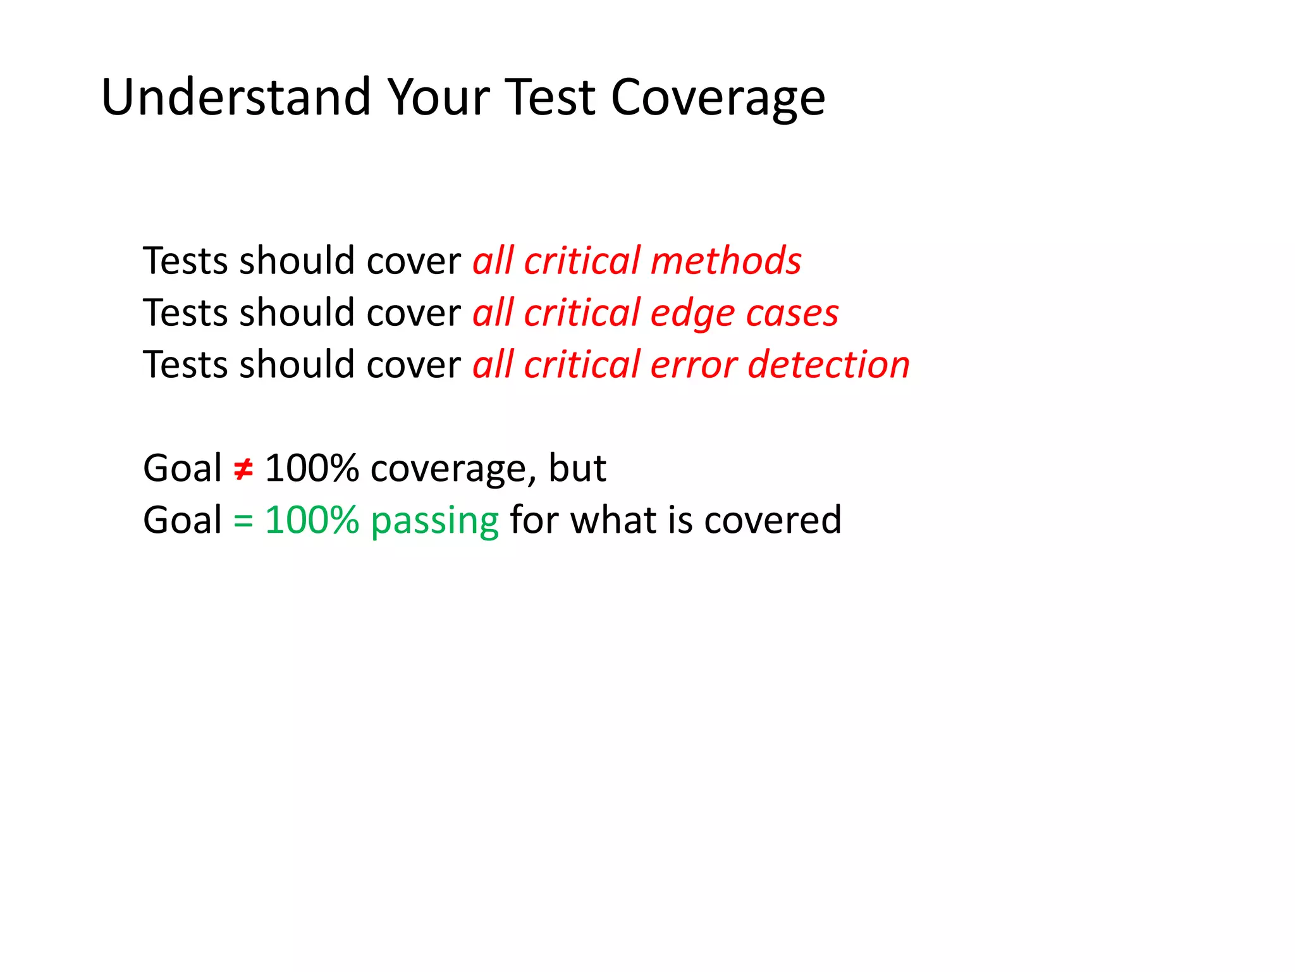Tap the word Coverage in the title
[x=718, y=98]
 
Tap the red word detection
[x=829, y=364]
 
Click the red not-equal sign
[x=243, y=469]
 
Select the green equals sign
[x=243, y=520]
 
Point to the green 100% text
[x=312, y=520]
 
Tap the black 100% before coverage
[x=312, y=468]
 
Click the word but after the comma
[x=577, y=468]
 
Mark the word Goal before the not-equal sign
[x=182, y=468]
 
